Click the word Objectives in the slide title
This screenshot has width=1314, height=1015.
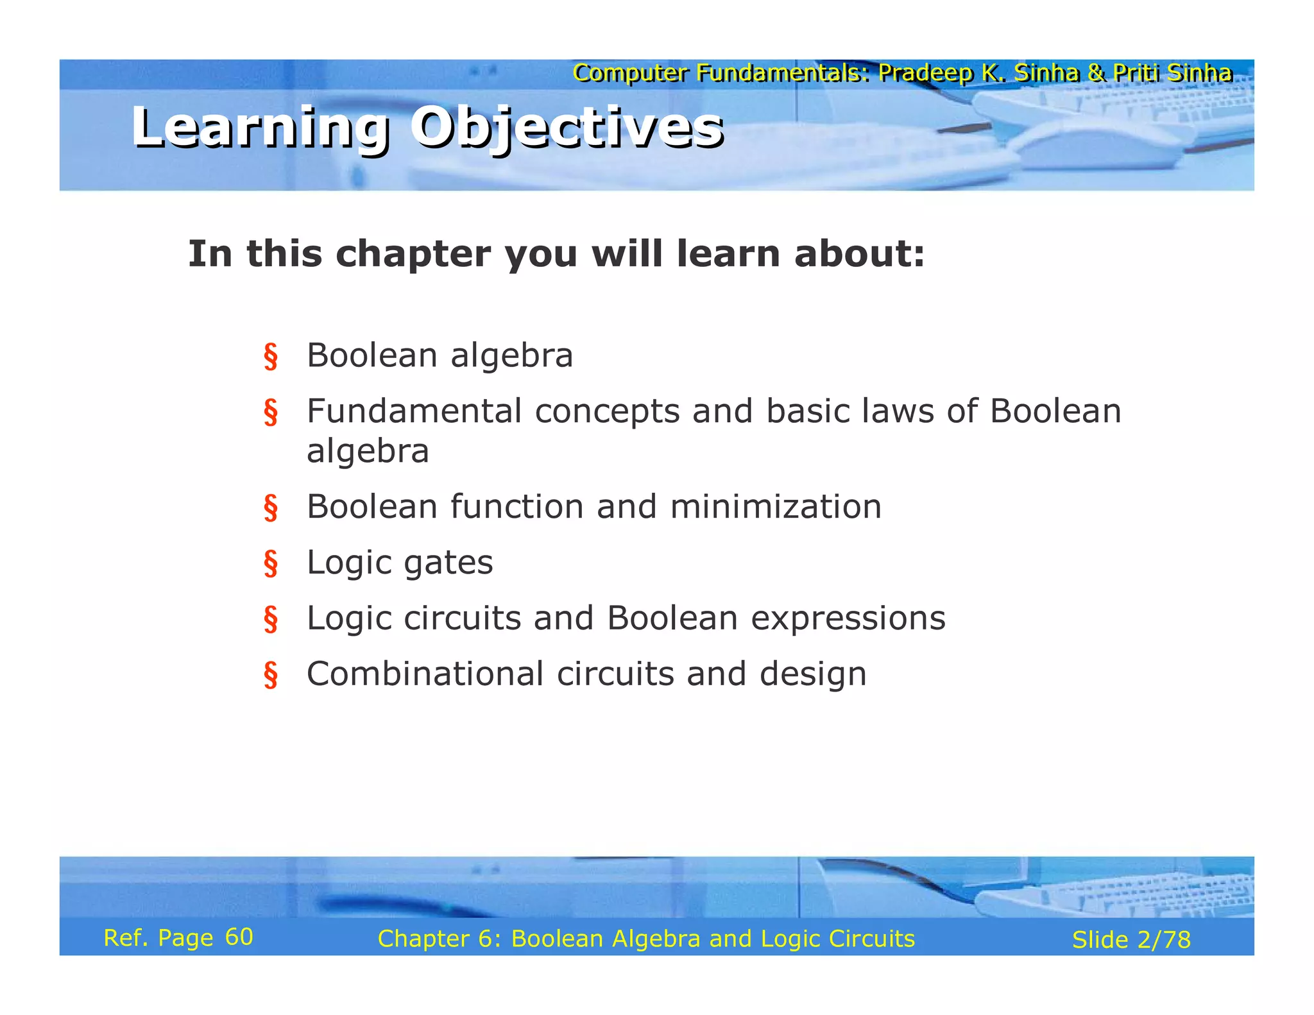tap(567, 127)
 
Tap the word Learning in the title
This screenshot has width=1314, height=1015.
tap(260, 127)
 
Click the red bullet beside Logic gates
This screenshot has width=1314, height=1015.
tap(271, 563)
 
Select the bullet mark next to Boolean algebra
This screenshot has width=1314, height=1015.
tap(271, 357)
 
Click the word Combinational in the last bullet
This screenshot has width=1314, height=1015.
tap(425, 674)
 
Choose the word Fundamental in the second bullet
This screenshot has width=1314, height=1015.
tap(414, 411)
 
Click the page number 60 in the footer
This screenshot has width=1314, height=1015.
tap(239, 937)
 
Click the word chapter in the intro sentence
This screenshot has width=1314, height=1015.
tap(413, 254)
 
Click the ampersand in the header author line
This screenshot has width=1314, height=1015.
tap(1096, 73)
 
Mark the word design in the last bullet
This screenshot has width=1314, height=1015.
tap(813, 674)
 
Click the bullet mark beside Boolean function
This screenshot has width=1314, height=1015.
tap(271, 508)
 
